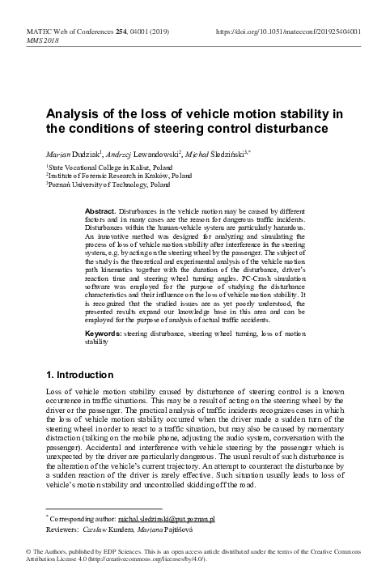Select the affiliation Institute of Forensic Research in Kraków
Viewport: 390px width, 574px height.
pos(101,174)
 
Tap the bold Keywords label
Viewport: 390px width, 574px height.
pos(103,333)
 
